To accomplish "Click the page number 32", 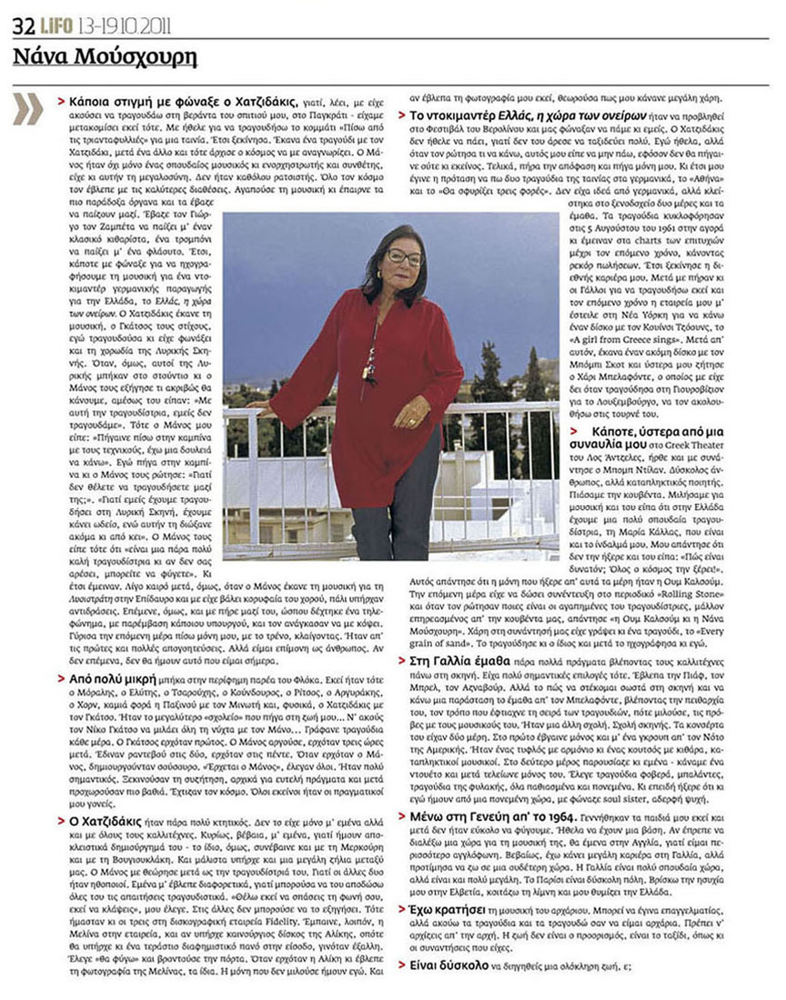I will click(x=22, y=25).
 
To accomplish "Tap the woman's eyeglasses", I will click(x=404, y=257).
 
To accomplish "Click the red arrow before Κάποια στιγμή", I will click(x=61, y=98).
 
